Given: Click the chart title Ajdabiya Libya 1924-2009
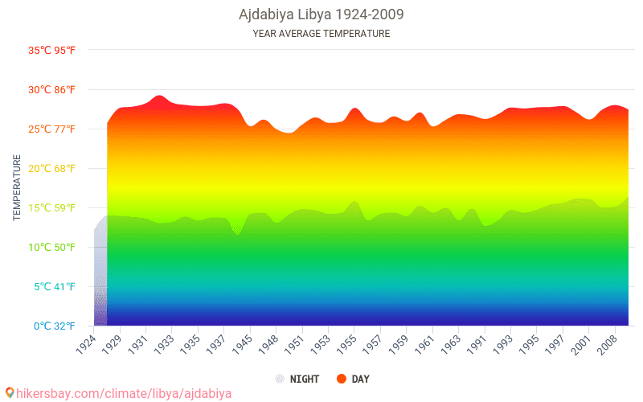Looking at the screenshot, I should coord(321,14).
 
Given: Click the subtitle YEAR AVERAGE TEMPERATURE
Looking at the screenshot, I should coord(321,34).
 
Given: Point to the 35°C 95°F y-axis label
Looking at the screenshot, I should coord(52,51).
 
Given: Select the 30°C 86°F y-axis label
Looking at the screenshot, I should coord(52,90).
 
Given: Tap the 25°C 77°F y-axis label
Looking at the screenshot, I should coord(52,129).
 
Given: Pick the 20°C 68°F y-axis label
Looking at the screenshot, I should coord(52,169).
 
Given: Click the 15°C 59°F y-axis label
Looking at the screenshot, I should coord(52,208).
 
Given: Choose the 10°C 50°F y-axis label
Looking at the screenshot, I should coord(52,248).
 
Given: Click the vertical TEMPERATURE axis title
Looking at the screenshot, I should coord(17,188).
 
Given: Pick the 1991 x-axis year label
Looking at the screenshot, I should coord(477,344).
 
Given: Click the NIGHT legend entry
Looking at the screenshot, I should coord(297,379).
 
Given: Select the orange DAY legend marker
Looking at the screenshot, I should coord(341,379).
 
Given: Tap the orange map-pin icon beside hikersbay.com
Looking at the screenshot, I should coord(10,393).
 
